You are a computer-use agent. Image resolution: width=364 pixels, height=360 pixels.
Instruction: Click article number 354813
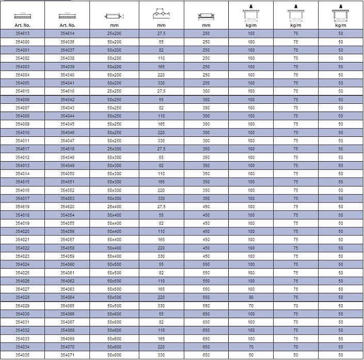[22, 34]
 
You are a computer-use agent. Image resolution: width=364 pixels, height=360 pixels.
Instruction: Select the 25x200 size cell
[114, 34]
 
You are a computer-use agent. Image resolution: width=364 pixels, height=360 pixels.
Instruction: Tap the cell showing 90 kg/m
[251, 298]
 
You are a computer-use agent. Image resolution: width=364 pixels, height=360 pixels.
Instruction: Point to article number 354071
[68, 355]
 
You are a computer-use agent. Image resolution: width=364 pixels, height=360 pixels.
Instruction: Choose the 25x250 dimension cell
[114, 91]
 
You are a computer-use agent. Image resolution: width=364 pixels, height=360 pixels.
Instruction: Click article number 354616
[68, 91]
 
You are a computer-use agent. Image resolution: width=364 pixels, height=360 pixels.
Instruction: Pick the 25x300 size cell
[114, 149]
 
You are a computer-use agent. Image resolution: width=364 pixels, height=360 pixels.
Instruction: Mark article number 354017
[22, 198]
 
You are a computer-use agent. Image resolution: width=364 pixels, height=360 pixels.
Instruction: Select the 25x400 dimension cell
[114, 207]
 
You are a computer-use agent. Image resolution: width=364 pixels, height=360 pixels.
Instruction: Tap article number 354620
[68, 207]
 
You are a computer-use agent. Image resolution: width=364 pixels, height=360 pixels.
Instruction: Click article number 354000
[22, 42]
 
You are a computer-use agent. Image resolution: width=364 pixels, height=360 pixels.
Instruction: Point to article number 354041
[68, 83]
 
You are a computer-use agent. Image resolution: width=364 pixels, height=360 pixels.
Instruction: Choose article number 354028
[22, 298]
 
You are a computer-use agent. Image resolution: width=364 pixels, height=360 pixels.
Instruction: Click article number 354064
[68, 298]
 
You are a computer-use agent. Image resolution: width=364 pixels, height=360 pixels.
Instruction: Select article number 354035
[22, 355]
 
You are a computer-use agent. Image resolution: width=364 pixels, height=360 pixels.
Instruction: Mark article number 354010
[22, 133]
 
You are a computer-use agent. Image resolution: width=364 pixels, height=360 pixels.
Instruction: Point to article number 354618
[68, 149]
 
